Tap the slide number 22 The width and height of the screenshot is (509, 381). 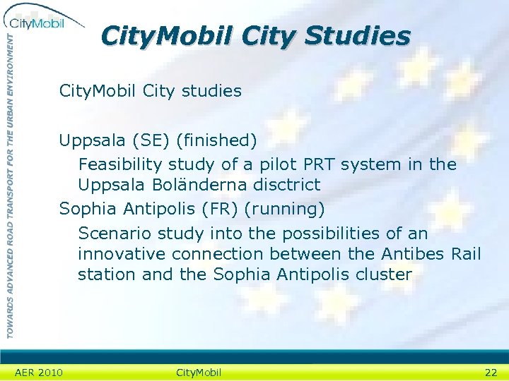(491, 373)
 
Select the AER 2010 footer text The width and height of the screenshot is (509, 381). (39, 373)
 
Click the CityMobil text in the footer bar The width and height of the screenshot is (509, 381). (198, 373)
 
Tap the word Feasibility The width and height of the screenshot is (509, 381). (120, 164)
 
